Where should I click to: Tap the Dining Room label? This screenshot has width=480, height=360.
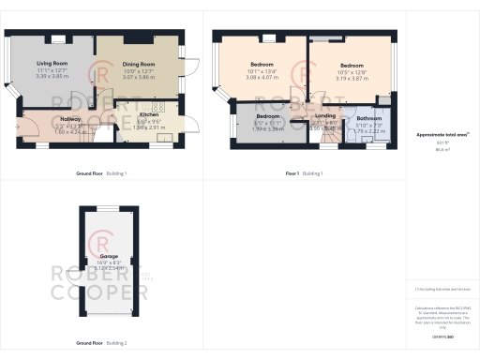[138, 64]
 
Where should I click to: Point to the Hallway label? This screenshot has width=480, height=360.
[70, 120]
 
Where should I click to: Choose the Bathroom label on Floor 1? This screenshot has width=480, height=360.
[368, 118]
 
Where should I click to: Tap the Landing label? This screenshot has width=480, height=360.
[324, 116]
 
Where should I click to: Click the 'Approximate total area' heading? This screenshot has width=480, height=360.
[436, 134]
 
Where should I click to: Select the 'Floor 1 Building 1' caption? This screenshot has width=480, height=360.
[303, 173]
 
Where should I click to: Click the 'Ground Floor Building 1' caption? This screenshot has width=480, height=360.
[101, 173]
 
